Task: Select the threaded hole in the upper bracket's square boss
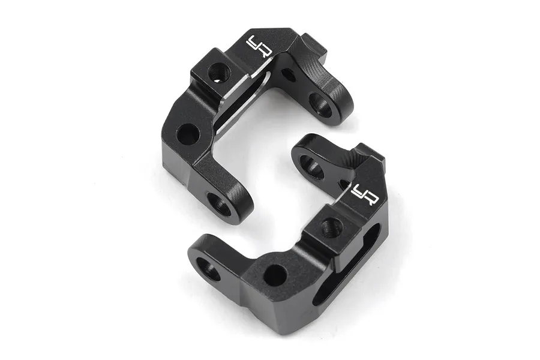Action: [218, 73]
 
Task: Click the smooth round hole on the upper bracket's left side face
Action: [188, 134]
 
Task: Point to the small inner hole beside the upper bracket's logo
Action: [288, 75]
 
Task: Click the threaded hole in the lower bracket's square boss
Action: [330, 227]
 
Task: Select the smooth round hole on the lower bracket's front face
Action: [274, 275]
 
